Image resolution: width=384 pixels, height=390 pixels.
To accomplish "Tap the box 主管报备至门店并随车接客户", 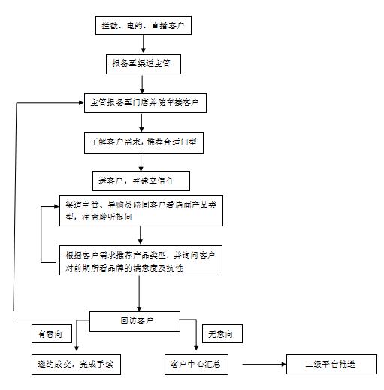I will [x=144, y=101].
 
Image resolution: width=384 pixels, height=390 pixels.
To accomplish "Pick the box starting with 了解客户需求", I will [x=142, y=140].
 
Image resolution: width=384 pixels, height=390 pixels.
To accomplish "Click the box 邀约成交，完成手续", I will [x=75, y=364].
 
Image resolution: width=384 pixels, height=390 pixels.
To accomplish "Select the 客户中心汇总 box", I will [x=196, y=364].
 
